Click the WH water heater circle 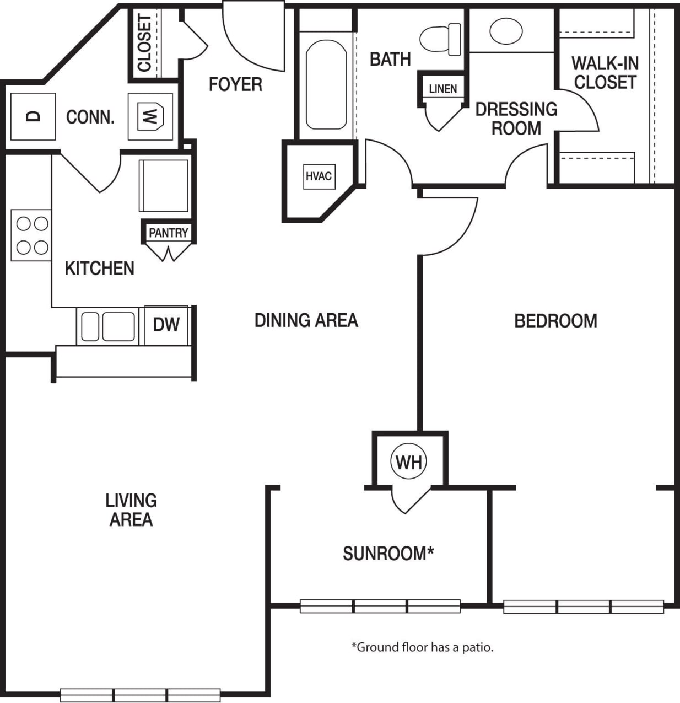point(409,461)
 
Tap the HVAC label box point(319,176)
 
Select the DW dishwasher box point(166,325)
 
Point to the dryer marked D point(34,116)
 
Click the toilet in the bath point(441,39)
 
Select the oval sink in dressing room point(506,31)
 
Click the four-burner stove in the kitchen point(31,235)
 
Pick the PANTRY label point(169,233)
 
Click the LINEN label point(443,89)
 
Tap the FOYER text point(235,84)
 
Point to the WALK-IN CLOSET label point(605,73)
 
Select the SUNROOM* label point(388,553)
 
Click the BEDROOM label point(555,321)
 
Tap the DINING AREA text point(306,320)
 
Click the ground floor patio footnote point(423,647)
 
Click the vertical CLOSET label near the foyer point(144,43)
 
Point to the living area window point(140,695)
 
